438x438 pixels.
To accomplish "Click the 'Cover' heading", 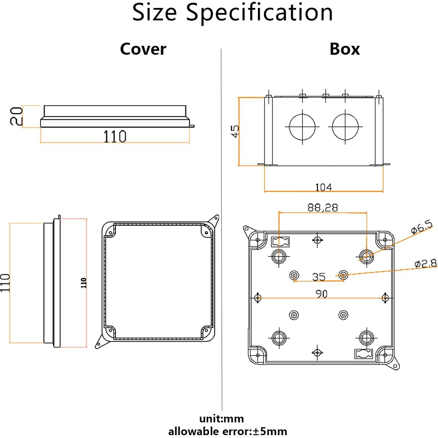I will [143, 49].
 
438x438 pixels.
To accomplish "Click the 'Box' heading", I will [344, 49].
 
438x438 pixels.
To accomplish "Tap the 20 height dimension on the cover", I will [16, 116].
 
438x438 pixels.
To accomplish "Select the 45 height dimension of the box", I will [235, 131].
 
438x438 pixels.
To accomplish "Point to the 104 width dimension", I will [323, 187].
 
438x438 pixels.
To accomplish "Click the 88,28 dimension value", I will [323, 208].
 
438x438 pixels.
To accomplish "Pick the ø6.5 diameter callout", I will [422, 227].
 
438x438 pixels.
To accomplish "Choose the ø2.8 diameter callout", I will [426, 264].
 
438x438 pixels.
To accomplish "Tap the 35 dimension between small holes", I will [318, 277].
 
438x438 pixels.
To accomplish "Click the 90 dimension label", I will [321, 294].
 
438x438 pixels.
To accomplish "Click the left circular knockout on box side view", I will [302, 127].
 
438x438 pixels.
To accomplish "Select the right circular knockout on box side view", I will [345, 127].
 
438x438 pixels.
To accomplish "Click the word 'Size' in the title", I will [154, 13].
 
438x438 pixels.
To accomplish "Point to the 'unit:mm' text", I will [221, 419].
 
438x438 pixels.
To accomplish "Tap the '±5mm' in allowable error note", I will [270, 432].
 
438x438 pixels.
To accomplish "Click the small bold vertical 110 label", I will [84, 283].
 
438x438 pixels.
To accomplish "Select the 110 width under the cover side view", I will [115, 136].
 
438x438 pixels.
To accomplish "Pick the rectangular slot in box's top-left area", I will [280, 242].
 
